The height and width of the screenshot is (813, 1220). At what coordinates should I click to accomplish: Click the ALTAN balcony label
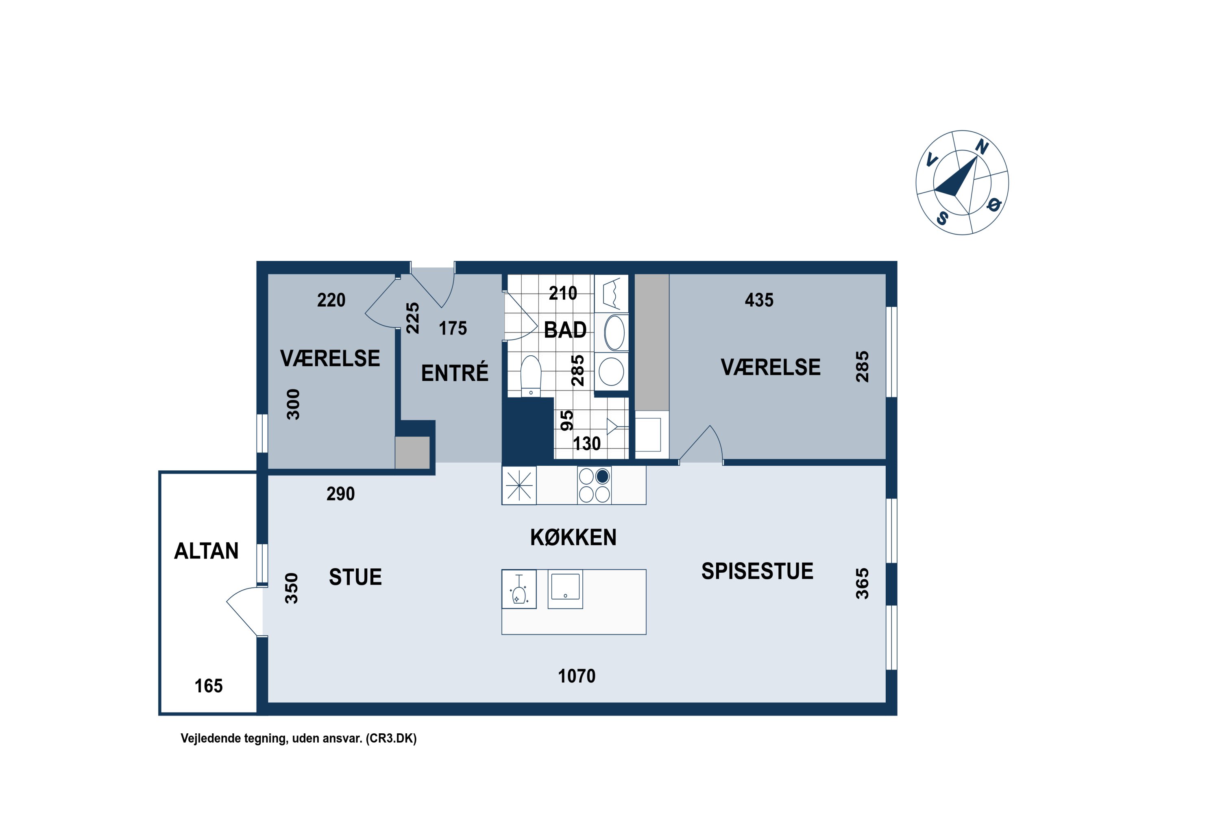click(207, 551)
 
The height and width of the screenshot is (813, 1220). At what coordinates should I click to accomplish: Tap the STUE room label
click(355, 578)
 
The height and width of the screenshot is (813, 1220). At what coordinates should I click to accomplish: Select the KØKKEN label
click(573, 538)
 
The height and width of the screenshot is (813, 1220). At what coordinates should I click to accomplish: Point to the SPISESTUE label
click(757, 572)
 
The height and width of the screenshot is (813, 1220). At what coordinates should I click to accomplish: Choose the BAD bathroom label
click(565, 330)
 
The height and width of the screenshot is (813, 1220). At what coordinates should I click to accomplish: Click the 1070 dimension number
click(577, 676)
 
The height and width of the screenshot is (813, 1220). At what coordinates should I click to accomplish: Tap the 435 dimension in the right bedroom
click(759, 300)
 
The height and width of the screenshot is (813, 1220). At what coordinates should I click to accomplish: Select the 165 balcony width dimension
click(209, 687)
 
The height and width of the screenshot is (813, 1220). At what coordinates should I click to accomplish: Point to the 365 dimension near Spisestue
click(862, 584)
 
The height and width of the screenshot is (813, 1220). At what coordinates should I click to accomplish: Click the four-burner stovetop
click(595, 485)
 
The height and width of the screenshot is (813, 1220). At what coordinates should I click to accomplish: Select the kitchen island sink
click(565, 589)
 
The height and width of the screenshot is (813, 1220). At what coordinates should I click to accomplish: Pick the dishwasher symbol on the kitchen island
click(519, 589)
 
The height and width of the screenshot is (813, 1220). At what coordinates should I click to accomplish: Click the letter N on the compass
click(981, 147)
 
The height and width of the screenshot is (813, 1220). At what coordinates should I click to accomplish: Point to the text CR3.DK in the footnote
click(391, 738)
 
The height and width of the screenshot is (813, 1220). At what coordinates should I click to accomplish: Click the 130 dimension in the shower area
click(587, 444)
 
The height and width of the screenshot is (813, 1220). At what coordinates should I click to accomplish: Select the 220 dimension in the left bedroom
click(331, 300)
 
